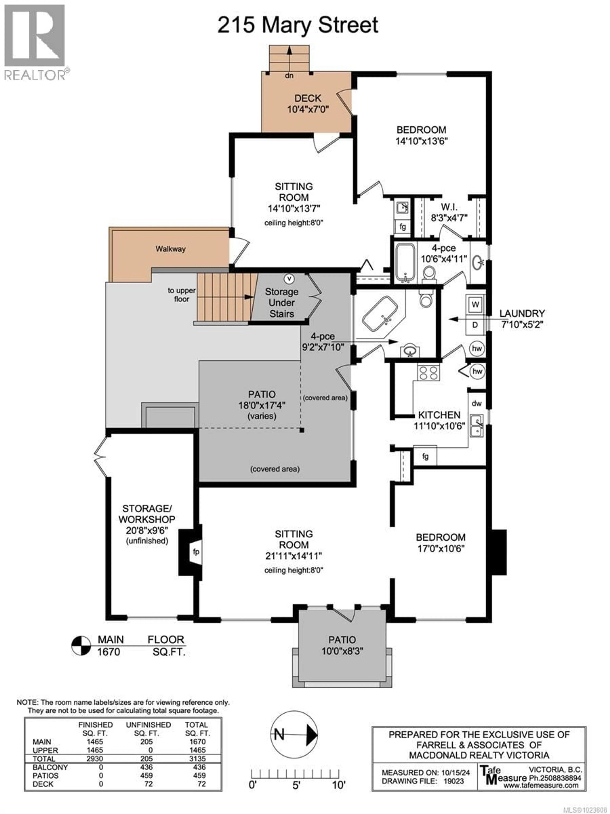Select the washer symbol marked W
475,304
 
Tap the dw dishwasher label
477,403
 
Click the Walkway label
170,249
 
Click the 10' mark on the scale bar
338,785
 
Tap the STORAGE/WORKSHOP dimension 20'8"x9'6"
147,530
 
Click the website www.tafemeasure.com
541,785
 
